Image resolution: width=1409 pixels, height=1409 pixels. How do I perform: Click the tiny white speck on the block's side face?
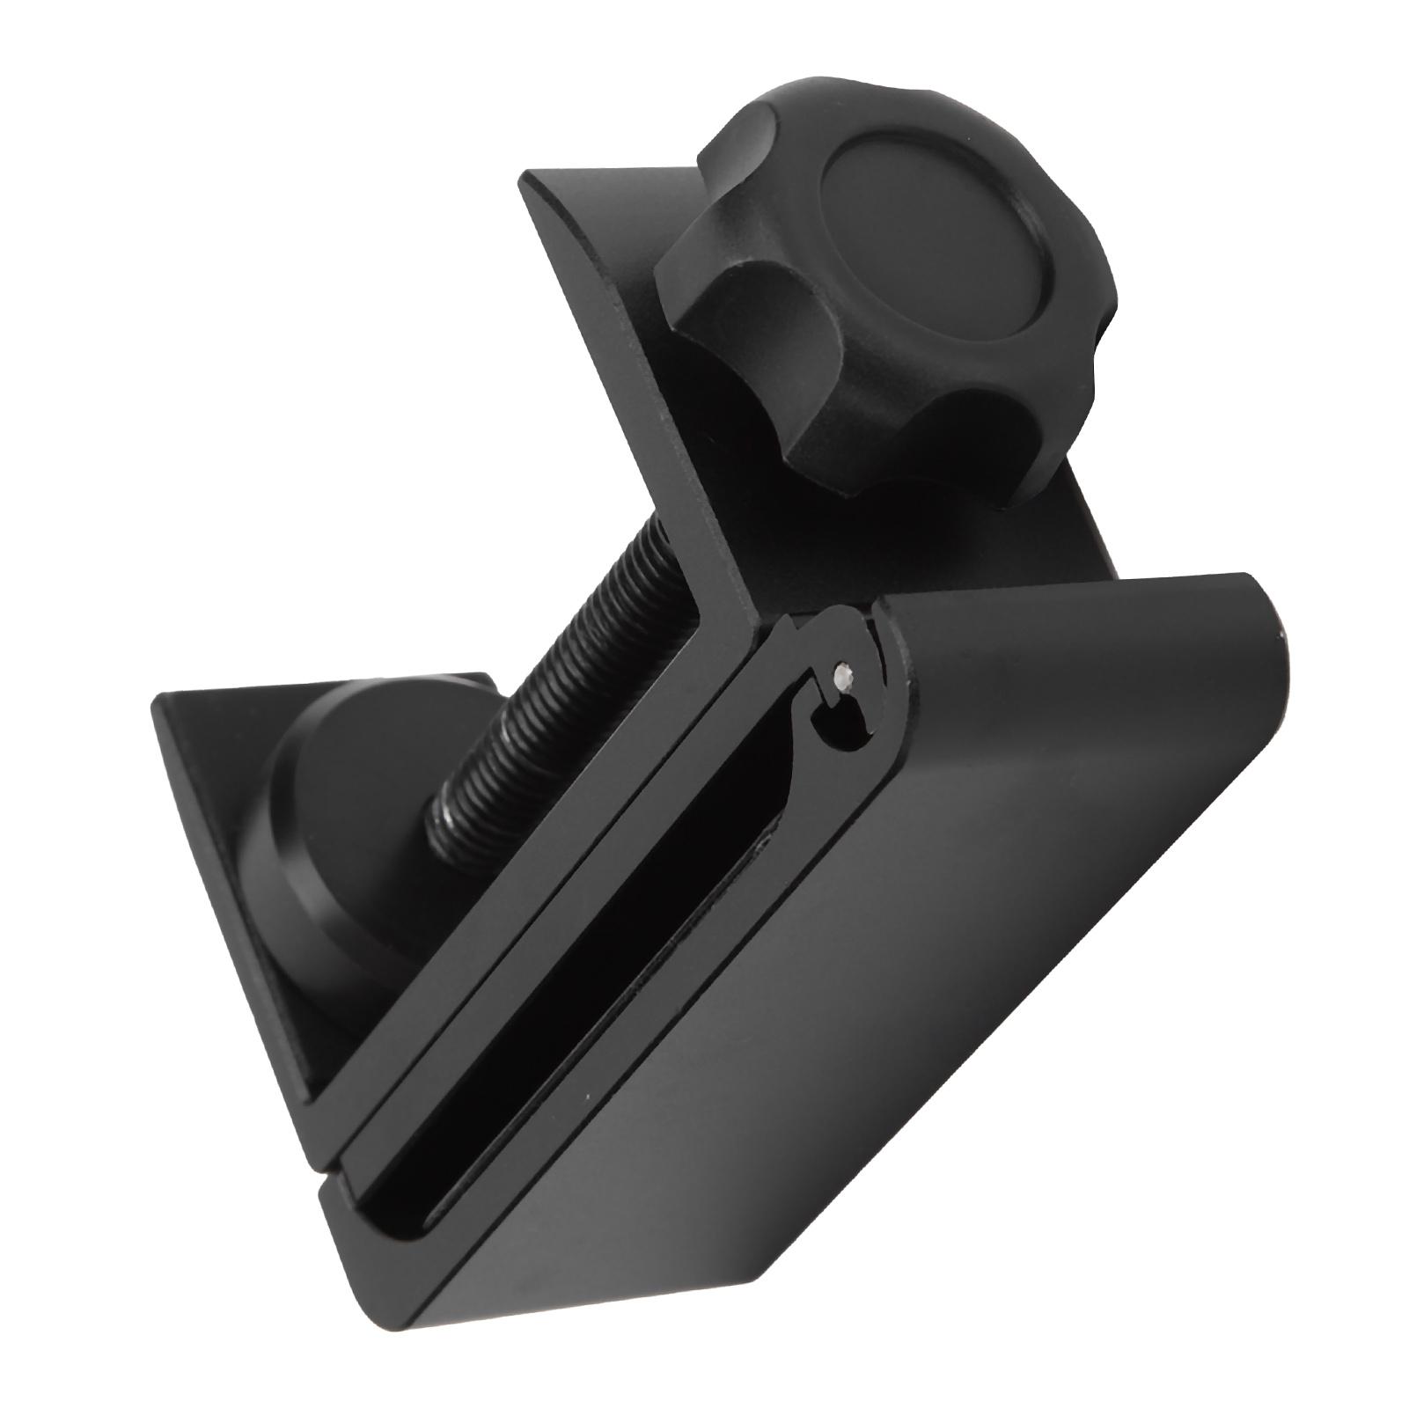[587, 1097]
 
